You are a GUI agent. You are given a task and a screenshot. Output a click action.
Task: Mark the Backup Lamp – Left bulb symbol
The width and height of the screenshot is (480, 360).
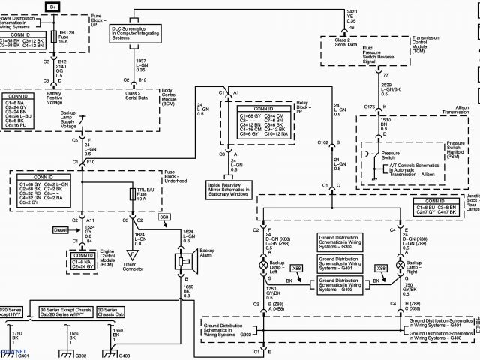pyautogui.click(x=262, y=266)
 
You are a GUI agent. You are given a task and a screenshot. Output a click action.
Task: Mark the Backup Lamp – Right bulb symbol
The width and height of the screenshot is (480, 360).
pyautogui.click(x=399, y=266)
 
